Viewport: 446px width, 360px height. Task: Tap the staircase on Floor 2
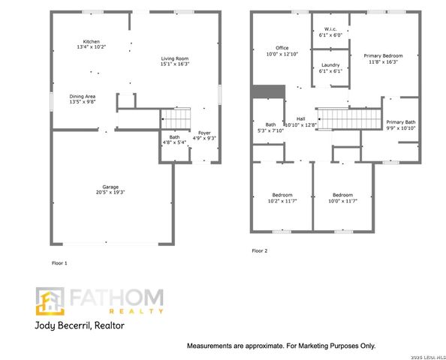pyautogui.click(x=338, y=118)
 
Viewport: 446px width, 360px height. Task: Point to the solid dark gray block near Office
pyautogui.click(x=268, y=91)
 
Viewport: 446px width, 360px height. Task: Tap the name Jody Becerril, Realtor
pyautogui.click(x=80, y=326)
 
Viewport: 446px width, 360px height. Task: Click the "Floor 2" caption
pyautogui.click(x=259, y=250)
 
